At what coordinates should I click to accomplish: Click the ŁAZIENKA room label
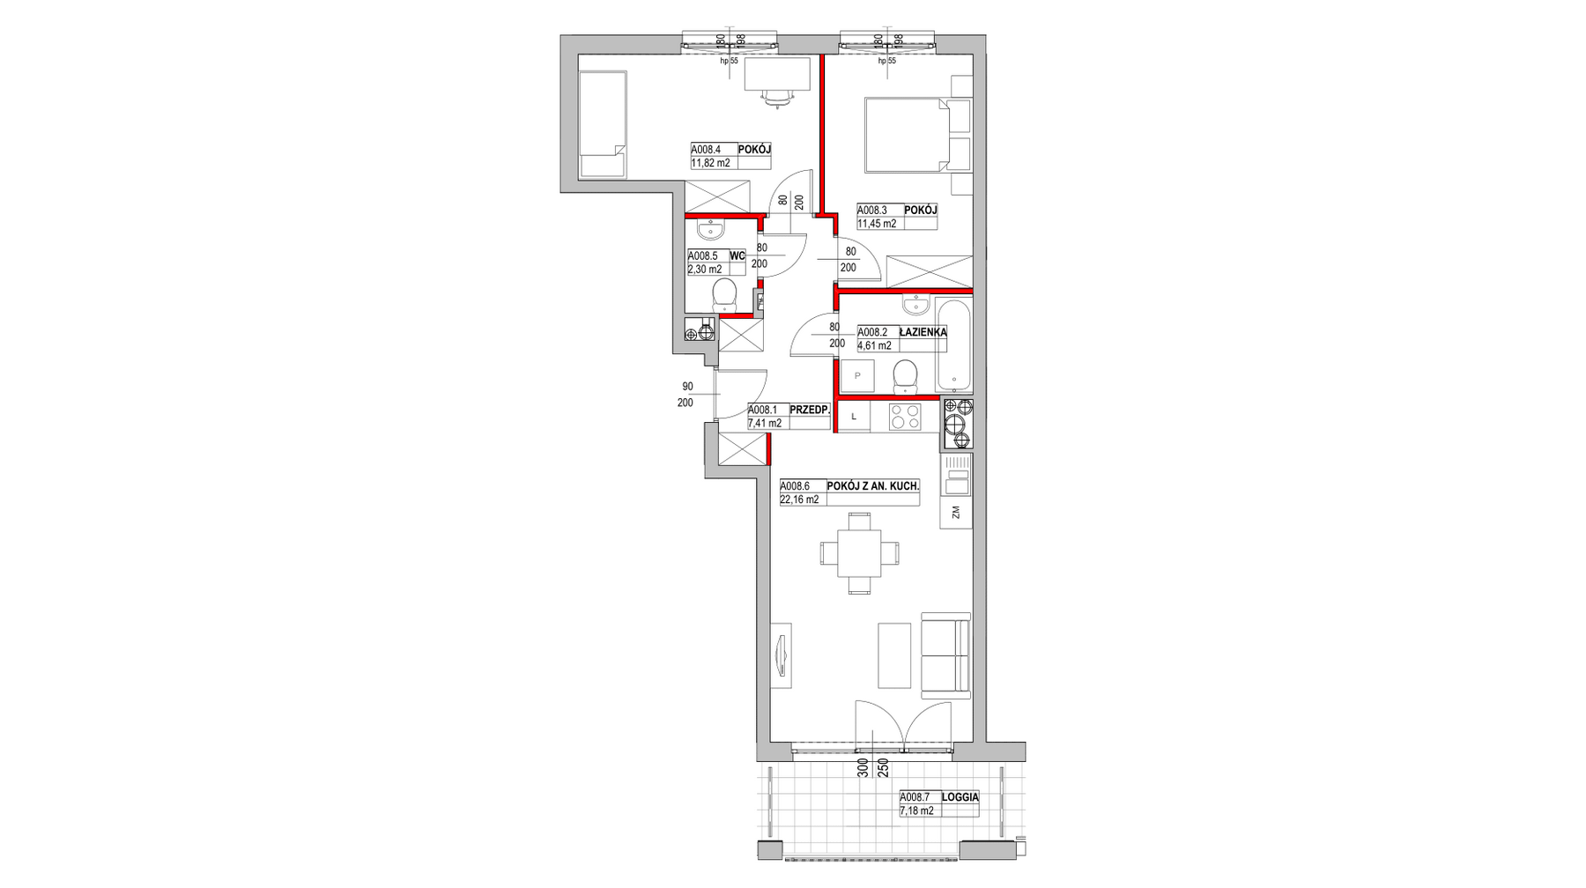[x=923, y=332]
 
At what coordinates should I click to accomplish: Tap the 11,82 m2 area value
[x=710, y=163]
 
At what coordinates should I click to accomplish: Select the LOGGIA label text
[x=960, y=797]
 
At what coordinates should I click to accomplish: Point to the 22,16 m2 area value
[x=800, y=499]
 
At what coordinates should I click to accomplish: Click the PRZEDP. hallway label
[x=811, y=410]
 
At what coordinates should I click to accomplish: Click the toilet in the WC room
[x=724, y=295]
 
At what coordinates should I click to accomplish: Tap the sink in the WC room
[x=709, y=231]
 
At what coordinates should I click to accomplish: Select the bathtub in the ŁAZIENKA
[x=953, y=346]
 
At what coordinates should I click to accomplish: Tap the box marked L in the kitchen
[x=853, y=417]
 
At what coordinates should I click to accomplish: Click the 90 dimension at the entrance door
[x=687, y=386]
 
